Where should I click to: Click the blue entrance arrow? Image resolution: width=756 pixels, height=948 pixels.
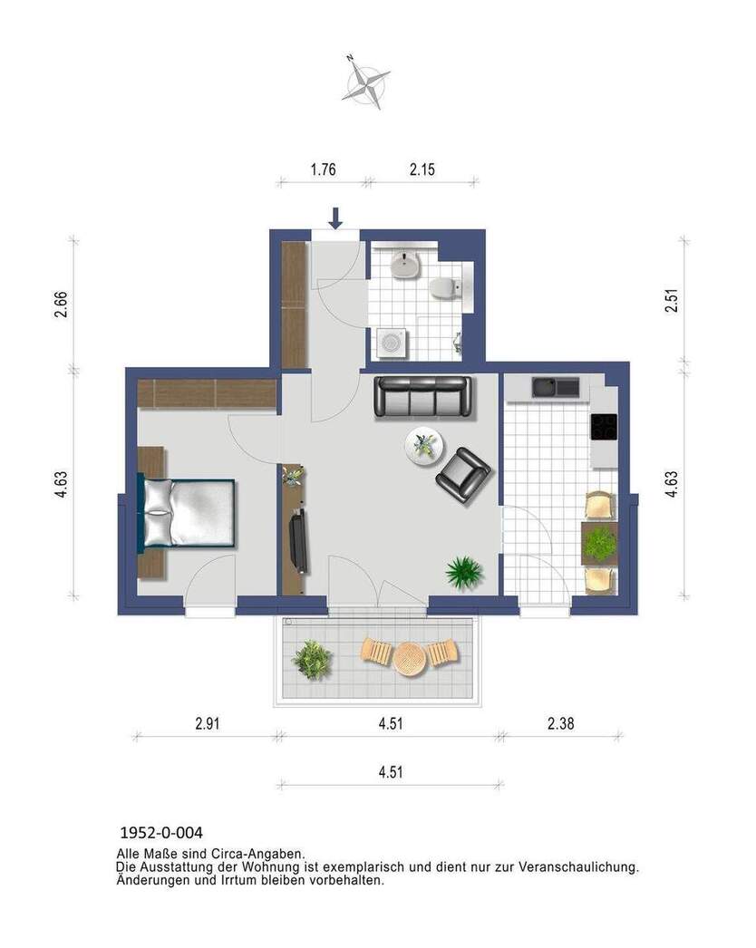(x=335, y=218)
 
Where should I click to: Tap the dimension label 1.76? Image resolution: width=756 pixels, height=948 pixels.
(x=323, y=169)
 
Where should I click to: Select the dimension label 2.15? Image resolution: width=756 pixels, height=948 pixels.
(x=422, y=169)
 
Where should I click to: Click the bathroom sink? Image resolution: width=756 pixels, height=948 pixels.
(x=405, y=265)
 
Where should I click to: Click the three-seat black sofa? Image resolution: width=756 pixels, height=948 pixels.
(x=423, y=396)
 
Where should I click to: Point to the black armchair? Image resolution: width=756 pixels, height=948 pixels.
(x=463, y=475)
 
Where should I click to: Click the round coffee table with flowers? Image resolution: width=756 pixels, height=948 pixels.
(x=423, y=445)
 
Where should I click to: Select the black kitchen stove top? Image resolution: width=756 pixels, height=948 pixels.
(x=604, y=426)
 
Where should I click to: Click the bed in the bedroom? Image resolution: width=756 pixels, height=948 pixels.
(x=188, y=512)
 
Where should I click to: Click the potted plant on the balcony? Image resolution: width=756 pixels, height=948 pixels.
(x=312, y=660)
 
